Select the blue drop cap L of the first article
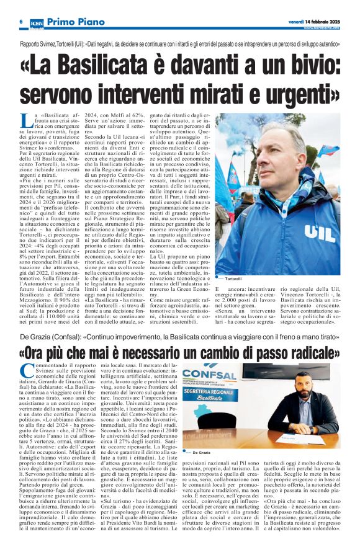[25, 121]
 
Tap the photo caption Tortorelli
[233, 279]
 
